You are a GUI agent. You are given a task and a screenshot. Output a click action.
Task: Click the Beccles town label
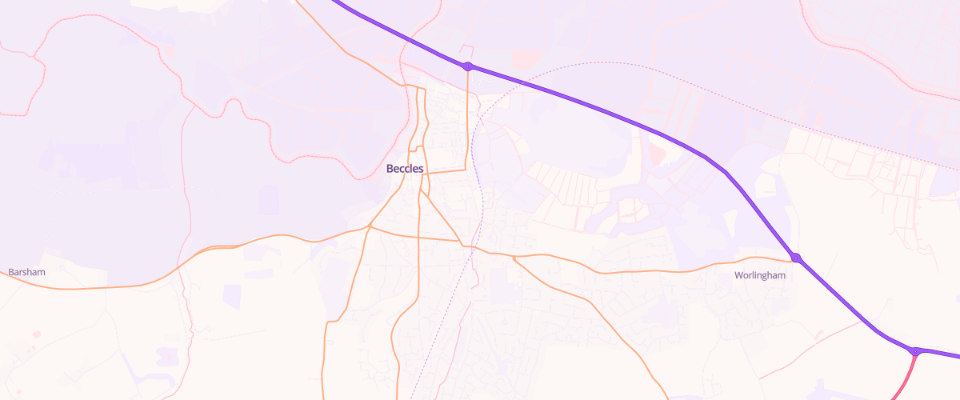click(x=405, y=169)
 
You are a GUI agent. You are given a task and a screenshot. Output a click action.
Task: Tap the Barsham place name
click(x=26, y=273)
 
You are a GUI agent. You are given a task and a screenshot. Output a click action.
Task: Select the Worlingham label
click(x=760, y=276)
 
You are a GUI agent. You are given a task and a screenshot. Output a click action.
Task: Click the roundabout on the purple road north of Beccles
click(x=468, y=66)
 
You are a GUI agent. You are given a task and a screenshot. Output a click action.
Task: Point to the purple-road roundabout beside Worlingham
click(x=795, y=258)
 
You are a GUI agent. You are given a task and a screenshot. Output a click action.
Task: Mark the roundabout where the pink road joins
click(x=915, y=351)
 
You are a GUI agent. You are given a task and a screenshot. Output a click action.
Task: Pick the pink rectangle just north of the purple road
click(x=526, y=58)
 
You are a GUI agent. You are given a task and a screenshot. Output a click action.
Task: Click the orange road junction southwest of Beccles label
click(x=369, y=226)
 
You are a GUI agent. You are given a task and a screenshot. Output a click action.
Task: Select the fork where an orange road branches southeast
click(x=513, y=258)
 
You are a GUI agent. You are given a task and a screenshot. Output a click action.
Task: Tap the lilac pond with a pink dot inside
click(x=168, y=356)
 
